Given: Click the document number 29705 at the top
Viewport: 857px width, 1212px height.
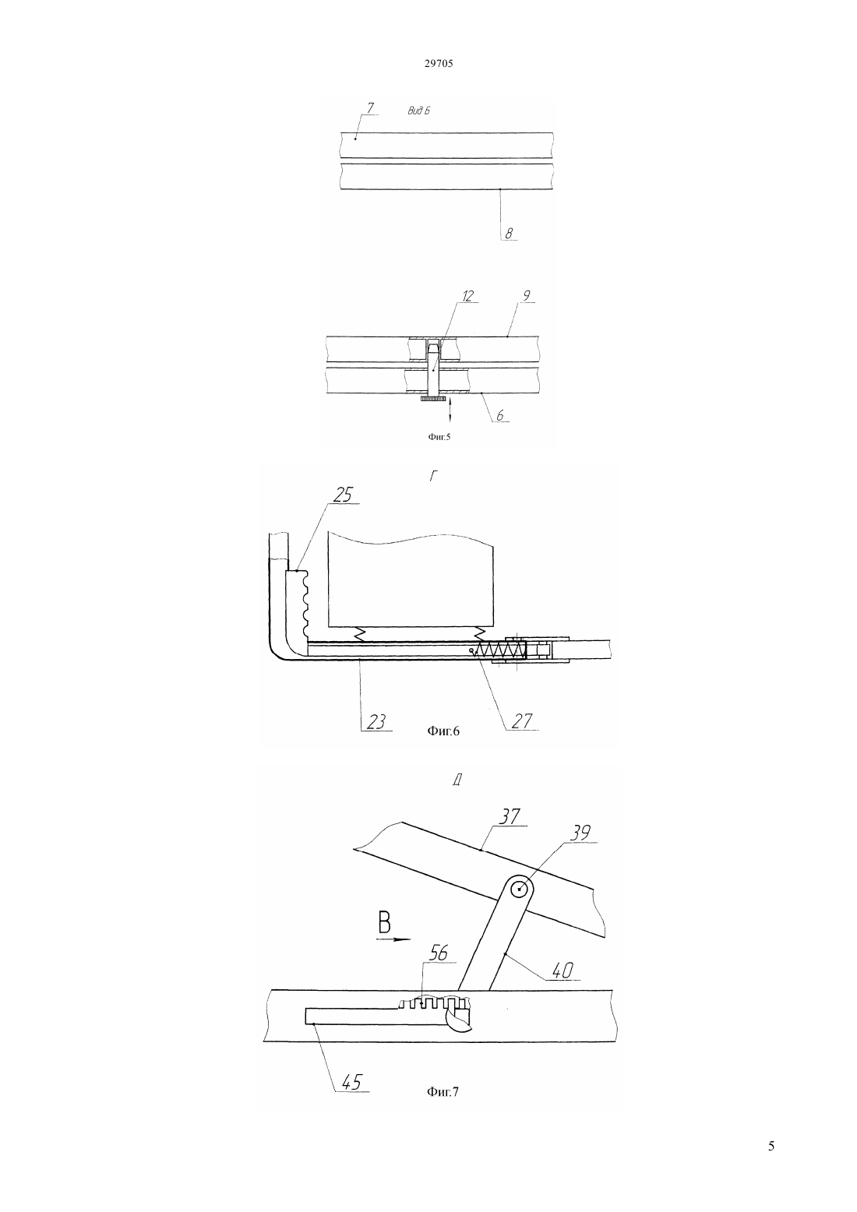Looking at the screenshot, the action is click(438, 63).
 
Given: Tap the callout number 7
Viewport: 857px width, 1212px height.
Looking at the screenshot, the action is click(369, 108).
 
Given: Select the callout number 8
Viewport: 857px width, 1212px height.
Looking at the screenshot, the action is click(509, 233).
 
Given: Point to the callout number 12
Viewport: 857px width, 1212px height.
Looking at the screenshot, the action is click(468, 296).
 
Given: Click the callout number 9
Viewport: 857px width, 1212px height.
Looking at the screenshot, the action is click(527, 296).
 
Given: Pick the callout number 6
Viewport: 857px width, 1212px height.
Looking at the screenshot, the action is click(500, 415).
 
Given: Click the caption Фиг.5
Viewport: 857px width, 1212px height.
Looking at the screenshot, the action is click(439, 437).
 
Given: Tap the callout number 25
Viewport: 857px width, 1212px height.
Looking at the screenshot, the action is click(343, 495).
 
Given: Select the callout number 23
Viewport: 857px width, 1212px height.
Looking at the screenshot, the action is click(376, 721).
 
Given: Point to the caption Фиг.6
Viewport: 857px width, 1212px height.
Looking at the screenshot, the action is click(443, 731).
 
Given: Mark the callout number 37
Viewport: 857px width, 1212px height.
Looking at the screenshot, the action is click(509, 832).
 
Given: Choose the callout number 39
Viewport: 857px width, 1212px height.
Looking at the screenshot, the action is click(579, 848).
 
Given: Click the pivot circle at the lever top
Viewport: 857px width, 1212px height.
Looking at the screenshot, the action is click(520, 889).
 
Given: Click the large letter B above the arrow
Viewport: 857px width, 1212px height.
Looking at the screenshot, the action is click(384, 922).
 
